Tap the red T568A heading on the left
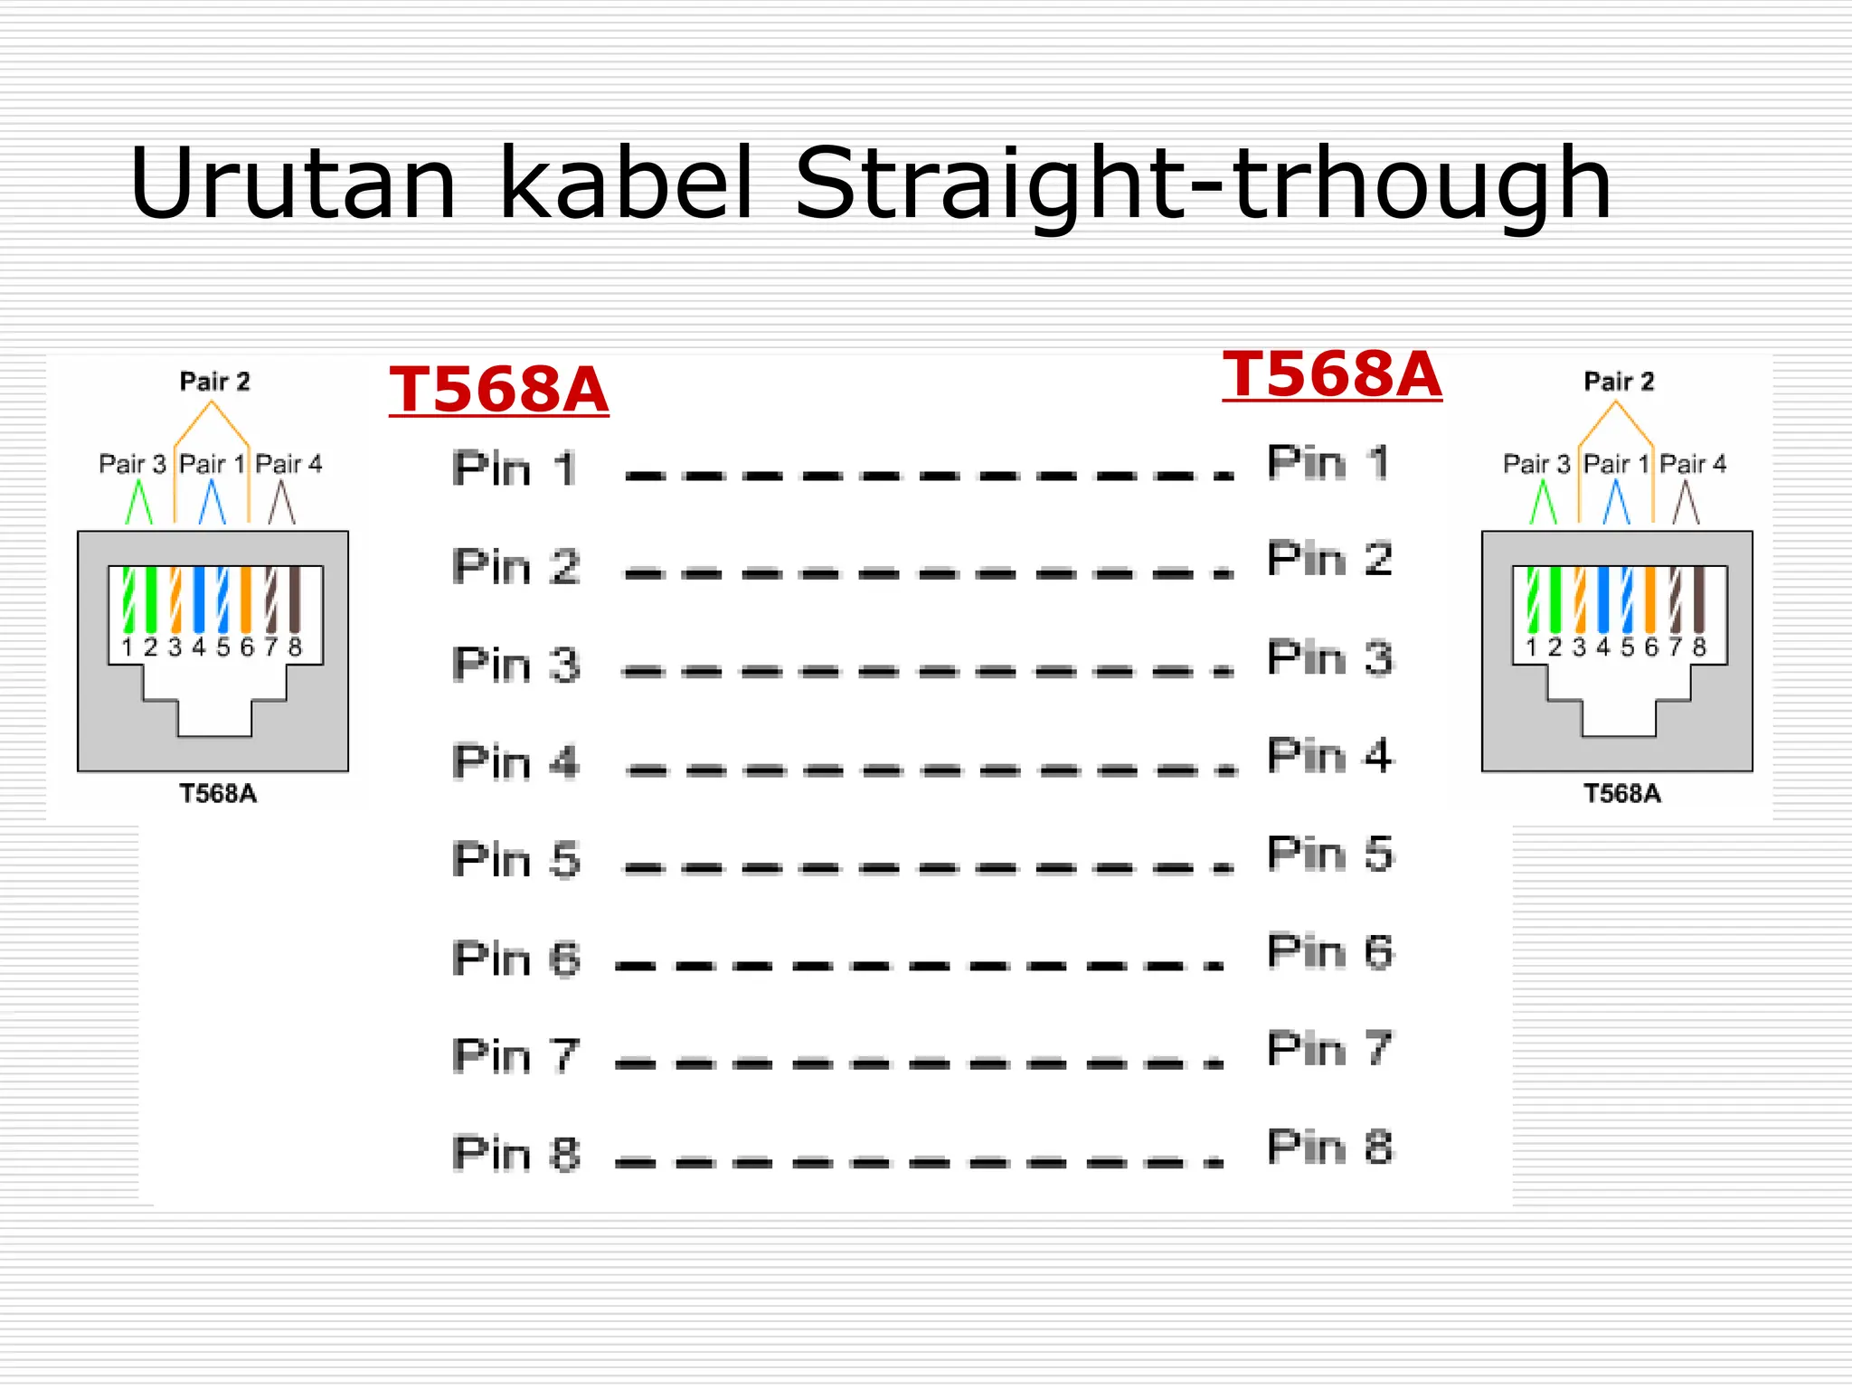coord(498,390)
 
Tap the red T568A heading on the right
coord(1331,374)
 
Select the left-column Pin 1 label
coord(514,468)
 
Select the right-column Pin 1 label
coord(1328,462)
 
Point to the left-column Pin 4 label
coord(515,761)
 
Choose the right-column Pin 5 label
coord(1330,853)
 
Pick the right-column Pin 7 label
coord(1329,1049)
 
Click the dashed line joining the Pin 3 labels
coord(927,671)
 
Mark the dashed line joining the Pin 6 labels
coord(918,966)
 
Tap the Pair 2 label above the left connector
coord(214,382)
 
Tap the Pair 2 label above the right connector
coord(1619,382)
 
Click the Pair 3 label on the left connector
coord(132,464)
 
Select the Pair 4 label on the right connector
coord(1693,464)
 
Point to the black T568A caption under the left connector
coord(218,793)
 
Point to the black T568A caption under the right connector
coord(1622,793)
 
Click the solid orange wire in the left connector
coord(246,599)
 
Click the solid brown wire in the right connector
coord(1698,599)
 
